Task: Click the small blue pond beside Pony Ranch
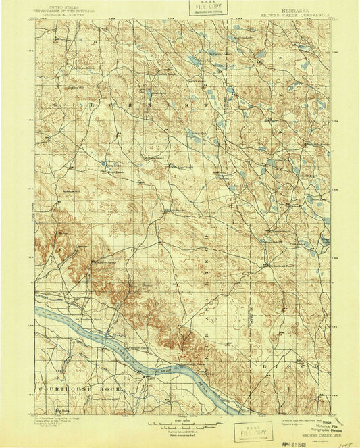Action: (x=103, y=164)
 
